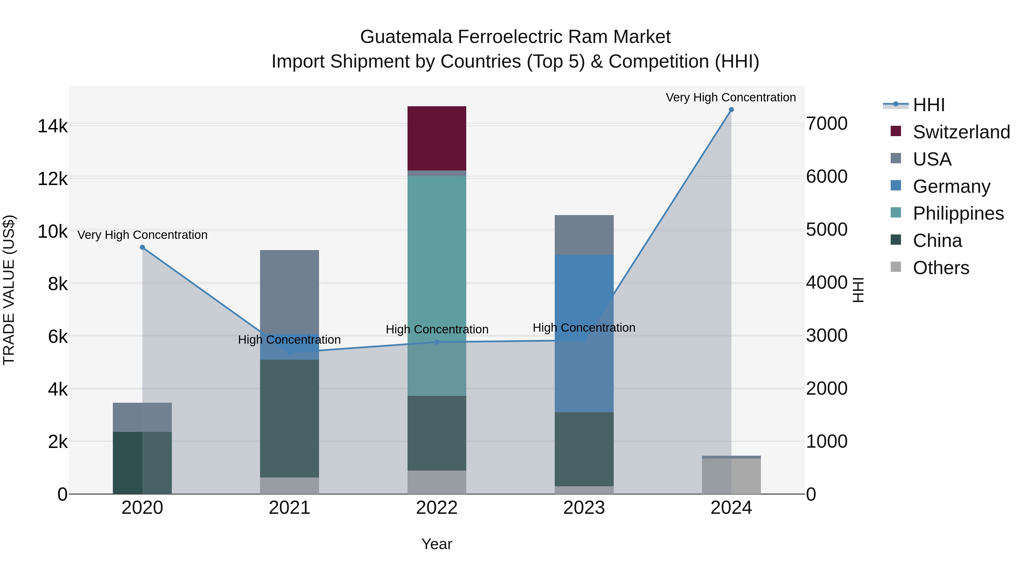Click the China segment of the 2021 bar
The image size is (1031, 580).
289,418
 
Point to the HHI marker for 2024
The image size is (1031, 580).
731,110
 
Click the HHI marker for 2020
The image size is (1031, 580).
142,247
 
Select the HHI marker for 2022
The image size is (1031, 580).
437,342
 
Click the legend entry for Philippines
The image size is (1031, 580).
958,213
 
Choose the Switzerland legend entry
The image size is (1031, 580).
961,132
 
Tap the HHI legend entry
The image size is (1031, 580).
928,105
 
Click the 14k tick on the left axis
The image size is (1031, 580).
52,126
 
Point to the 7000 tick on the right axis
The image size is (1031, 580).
827,124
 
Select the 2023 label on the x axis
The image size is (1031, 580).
584,508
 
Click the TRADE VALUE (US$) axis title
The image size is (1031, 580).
9,290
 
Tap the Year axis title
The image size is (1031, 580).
437,544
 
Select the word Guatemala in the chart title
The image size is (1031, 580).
407,37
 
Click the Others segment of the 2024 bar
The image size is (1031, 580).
731,476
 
